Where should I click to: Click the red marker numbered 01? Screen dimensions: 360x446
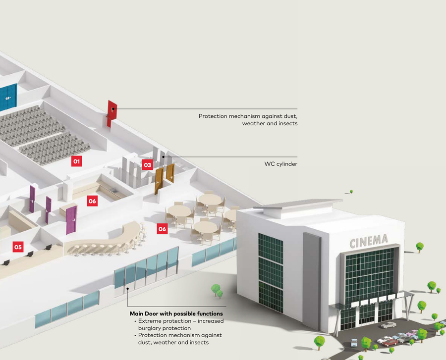pos(76,161)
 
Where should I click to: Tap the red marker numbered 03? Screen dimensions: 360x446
pos(147,165)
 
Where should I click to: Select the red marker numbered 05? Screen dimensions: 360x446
pos(18,247)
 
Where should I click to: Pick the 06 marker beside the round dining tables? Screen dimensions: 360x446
pos(162,229)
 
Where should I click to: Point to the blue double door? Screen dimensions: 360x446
pos(8,97)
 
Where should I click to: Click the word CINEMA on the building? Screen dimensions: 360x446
pos(369,241)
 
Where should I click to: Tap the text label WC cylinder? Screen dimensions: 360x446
pos(280,164)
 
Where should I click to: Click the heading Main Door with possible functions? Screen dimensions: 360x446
pos(176,314)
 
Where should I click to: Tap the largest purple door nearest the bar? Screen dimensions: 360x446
pos(71,220)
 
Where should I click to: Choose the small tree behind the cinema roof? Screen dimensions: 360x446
pos(351,191)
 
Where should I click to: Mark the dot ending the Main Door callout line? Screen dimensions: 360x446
pos(128,288)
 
